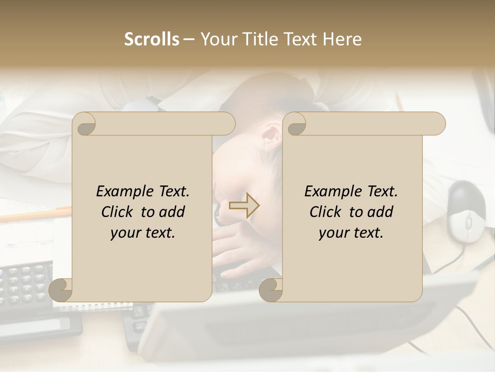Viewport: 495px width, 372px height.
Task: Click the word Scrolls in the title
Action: pyautogui.click(x=152, y=39)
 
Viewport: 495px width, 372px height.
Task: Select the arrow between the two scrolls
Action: pyautogui.click(x=244, y=206)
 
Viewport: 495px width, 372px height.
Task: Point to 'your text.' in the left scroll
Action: pyautogui.click(x=143, y=233)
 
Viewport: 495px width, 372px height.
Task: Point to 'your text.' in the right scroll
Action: pyautogui.click(x=351, y=233)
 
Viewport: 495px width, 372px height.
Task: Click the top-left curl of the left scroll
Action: pyautogui.click(x=85, y=124)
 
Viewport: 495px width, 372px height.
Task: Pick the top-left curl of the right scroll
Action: pyautogui.click(x=295, y=124)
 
